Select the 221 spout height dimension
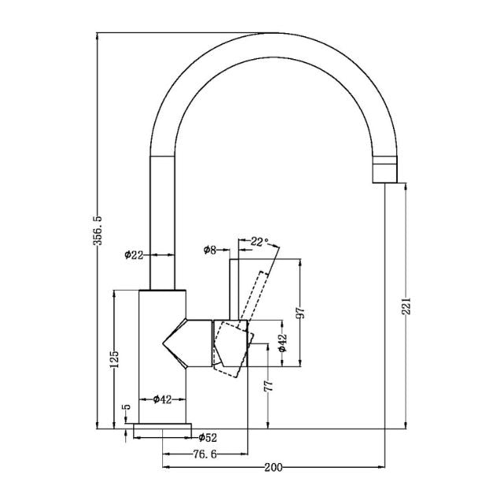pyautogui.click(x=406, y=306)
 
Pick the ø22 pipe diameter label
pyautogui.click(x=134, y=254)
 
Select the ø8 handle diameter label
pyautogui.click(x=209, y=250)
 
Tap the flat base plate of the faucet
pyautogui.click(x=163, y=429)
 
